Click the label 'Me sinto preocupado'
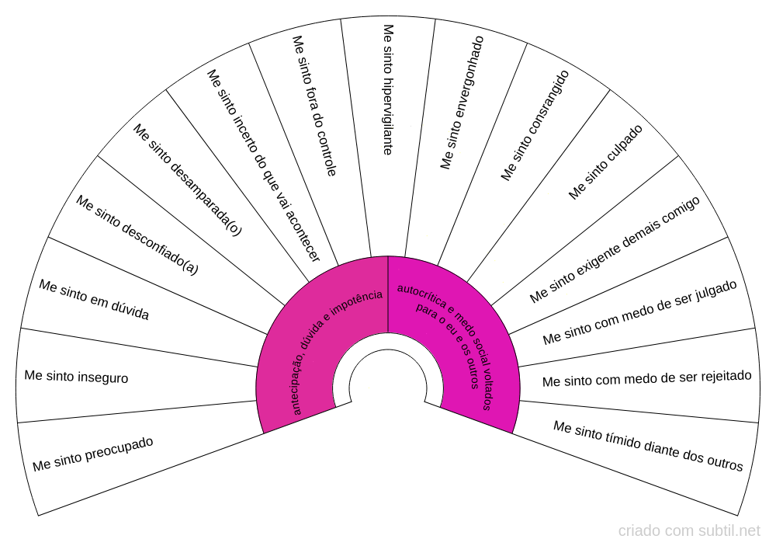click(x=93, y=454)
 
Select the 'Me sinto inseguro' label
click(x=76, y=377)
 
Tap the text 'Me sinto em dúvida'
click(x=94, y=300)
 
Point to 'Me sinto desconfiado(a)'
click(x=137, y=235)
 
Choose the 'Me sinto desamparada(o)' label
click(x=187, y=179)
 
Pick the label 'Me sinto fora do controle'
click(x=314, y=106)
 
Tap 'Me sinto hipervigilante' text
click(x=388, y=89)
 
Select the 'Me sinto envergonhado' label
click(x=462, y=102)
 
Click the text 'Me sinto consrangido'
click(x=535, y=125)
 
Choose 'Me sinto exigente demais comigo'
click(x=615, y=249)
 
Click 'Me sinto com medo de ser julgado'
click(x=639, y=312)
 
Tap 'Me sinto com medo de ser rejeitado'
click(x=646, y=378)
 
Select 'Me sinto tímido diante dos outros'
click(x=648, y=446)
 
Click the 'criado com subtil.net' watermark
click(x=689, y=531)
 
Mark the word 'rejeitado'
click(x=724, y=376)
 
